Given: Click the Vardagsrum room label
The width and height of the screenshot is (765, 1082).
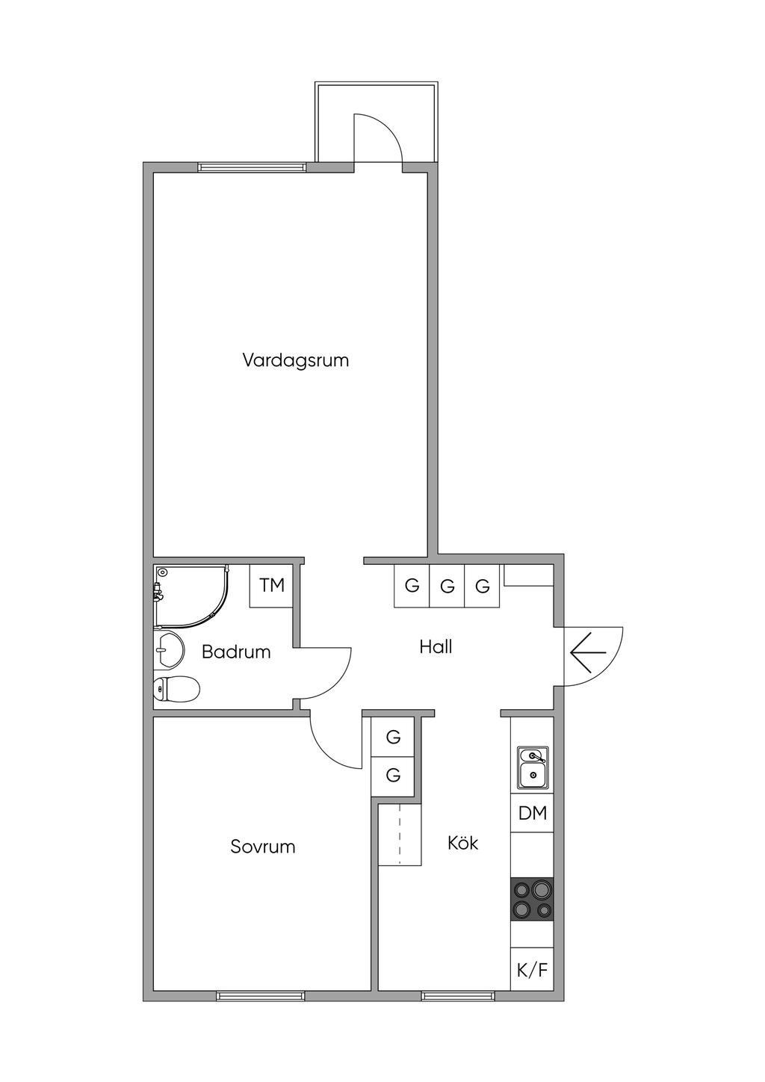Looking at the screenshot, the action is [295, 361].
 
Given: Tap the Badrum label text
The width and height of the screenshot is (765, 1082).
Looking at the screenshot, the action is [235, 652].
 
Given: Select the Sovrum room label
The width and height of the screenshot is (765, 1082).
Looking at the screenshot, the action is [263, 847].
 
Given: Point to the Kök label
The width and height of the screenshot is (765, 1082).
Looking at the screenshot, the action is [462, 843].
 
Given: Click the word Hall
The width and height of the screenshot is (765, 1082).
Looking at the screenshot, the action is [436, 647].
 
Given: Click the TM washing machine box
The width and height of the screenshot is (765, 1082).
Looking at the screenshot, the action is [271, 586].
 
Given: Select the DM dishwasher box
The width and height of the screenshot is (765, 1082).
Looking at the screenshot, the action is [532, 814].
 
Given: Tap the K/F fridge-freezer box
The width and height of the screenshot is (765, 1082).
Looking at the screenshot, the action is [532, 967].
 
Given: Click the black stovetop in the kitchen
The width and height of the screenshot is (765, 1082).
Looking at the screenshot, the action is [532, 899].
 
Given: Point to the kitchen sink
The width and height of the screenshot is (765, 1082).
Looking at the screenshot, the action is [533, 767].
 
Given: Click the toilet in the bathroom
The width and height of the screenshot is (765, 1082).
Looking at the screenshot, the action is [176, 689].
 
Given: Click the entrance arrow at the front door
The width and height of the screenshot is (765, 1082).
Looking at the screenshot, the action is [588, 652].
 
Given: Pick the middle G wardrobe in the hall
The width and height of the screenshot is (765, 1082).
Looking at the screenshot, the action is [447, 586].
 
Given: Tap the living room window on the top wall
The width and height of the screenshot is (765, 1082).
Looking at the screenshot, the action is [252, 167].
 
